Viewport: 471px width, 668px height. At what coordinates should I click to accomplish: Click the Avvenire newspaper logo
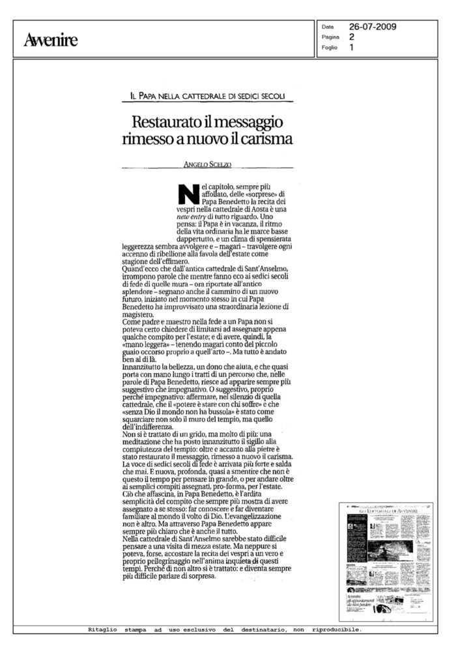click(x=50, y=41)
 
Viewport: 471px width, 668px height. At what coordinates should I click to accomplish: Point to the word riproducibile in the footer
click(x=337, y=630)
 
